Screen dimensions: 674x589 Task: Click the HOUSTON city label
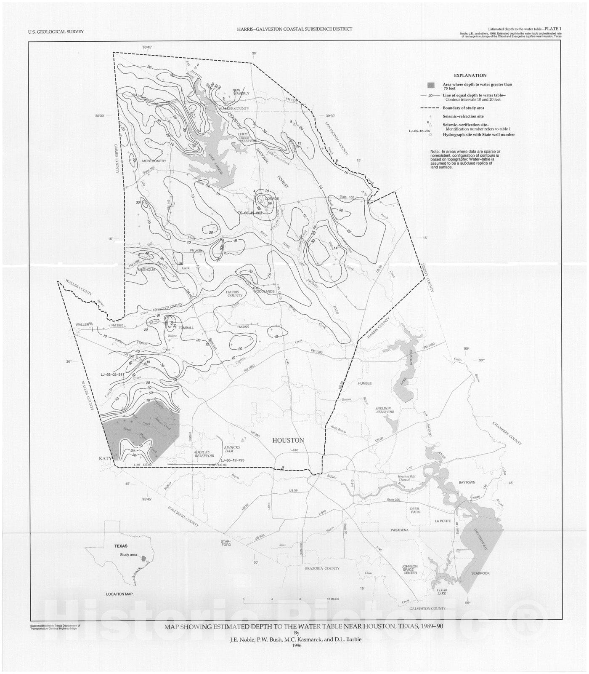click(x=288, y=440)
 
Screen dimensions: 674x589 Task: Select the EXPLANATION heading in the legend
click(x=470, y=75)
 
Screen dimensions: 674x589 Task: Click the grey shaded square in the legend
click(x=431, y=86)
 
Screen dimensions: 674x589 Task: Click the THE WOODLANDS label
click(x=264, y=292)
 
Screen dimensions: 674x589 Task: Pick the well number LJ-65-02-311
click(x=112, y=374)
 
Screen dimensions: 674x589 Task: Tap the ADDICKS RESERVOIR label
click(x=204, y=454)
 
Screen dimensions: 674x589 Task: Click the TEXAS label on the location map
click(x=121, y=546)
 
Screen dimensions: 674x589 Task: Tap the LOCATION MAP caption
click(x=119, y=594)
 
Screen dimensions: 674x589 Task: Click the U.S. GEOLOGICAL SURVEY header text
click(x=56, y=32)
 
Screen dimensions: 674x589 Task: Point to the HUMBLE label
click(x=366, y=384)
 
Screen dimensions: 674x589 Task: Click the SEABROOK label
click(x=480, y=573)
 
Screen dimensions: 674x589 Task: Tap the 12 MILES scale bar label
click(x=332, y=599)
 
